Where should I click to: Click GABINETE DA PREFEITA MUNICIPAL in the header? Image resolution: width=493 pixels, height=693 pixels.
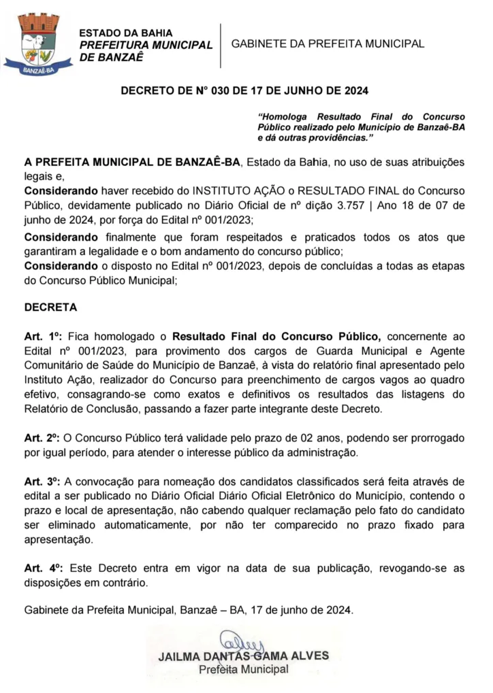[328, 44]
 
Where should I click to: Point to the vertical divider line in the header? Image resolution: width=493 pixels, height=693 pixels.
[221, 45]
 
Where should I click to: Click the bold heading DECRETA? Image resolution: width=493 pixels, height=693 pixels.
[50, 307]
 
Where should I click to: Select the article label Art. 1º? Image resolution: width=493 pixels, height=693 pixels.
[43, 336]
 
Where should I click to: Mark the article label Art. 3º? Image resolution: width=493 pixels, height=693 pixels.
[43, 482]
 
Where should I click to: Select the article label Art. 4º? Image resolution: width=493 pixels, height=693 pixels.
[43, 569]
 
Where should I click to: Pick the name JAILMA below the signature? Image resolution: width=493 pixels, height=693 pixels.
[179, 657]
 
